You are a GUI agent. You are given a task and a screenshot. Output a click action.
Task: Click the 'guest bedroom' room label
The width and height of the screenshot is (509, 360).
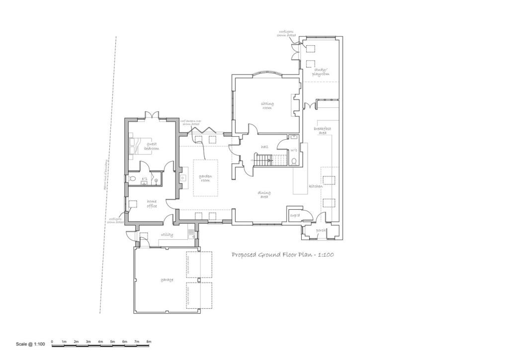pyautogui.click(x=152, y=146)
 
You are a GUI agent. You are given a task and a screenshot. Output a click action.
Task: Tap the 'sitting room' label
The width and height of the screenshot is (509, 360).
pyautogui.click(x=267, y=105)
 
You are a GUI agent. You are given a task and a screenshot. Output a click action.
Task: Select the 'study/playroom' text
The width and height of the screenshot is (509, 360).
pyautogui.click(x=321, y=72)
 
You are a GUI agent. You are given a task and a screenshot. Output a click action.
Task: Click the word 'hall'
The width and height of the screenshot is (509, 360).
pyautogui.click(x=264, y=147)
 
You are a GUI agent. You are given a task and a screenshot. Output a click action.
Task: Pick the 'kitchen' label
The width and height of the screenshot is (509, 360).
pyautogui.click(x=316, y=186)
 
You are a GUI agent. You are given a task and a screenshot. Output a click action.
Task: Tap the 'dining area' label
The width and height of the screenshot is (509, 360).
pyautogui.click(x=263, y=194)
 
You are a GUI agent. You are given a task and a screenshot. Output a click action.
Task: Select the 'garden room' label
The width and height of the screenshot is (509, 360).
pyautogui.click(x=206, y=178)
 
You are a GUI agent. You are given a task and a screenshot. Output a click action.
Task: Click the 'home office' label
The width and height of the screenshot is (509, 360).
pyautogui.click(x=152, y=203)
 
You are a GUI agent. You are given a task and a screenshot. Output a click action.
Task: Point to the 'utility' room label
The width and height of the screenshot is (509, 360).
pyautogui.click(x=166, y=235)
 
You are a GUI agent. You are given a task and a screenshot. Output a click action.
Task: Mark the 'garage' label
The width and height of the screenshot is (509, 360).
pyautogui.click(x=167, y=280)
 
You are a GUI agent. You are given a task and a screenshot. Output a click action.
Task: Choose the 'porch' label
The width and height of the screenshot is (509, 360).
pyautogui.click(x=321, y=230)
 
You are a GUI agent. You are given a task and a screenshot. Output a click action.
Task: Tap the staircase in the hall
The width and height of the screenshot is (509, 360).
pyautogui.click(x=268, y=160)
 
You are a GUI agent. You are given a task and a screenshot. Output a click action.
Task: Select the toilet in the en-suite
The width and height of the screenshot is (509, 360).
pyautogui.click(x=132, y=179)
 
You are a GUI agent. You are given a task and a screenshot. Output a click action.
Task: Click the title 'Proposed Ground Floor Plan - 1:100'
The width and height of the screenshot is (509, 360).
pyautogui.click(x=282, y=255)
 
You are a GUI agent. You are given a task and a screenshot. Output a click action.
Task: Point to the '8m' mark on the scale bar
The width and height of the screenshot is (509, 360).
pyautogui.click(x=149, y=342)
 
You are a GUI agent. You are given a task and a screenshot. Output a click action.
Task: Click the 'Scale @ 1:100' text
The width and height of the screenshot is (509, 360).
pyautogui.click(x=31, y=344)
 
